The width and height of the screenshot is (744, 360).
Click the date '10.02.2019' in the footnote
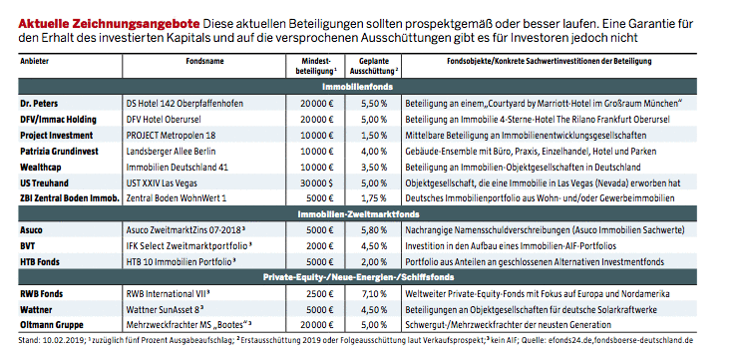[62, 342]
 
